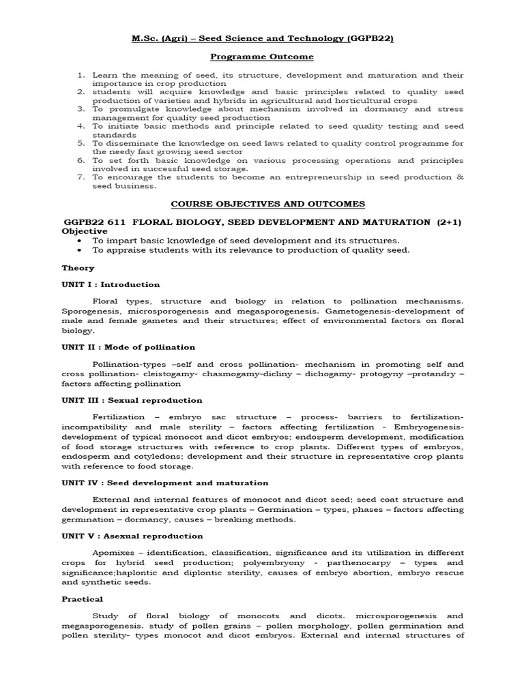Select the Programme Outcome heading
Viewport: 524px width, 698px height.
[x=261, y=57]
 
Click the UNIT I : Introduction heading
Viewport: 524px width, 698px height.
[x=111, y=284]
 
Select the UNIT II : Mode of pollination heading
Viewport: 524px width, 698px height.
[x=128, y=347]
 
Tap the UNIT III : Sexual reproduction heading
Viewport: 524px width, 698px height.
[x=132, y=400]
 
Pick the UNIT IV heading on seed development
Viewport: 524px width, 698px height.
[x=155, y=483]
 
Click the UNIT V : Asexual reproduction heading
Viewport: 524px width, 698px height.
[x=132, y=536]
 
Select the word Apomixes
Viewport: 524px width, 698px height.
[x=114, y=552]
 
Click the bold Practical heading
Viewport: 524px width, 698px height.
[x=82, y=599]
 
